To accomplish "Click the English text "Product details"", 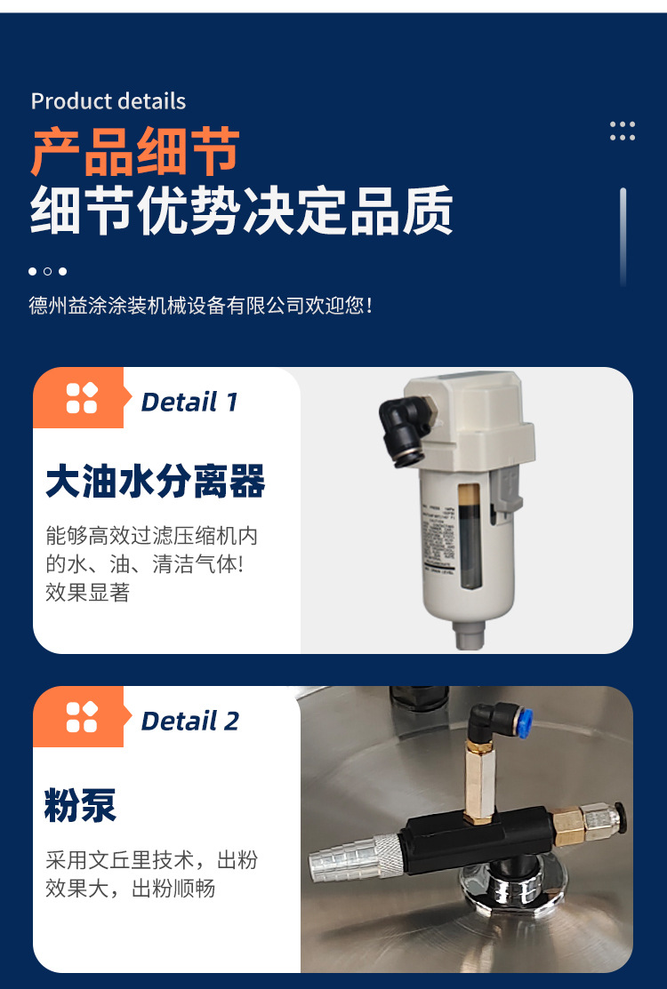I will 108,101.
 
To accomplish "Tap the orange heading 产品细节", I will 135,152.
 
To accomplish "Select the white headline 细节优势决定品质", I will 241,211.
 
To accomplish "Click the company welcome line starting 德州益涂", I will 200,306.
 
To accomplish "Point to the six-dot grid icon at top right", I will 623,132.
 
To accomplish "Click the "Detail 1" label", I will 189,403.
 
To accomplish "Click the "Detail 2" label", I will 190,721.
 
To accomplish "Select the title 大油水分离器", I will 156,482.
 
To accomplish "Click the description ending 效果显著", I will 151,564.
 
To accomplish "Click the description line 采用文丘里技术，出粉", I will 151,860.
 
